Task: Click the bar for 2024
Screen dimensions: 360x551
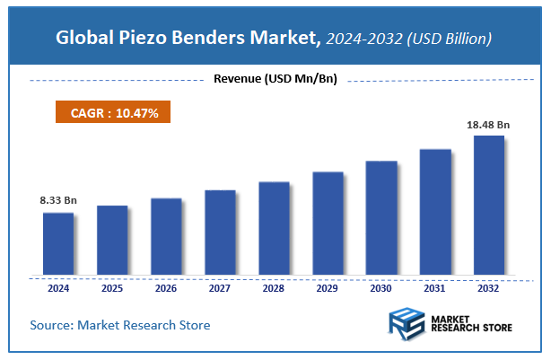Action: coord(58,243)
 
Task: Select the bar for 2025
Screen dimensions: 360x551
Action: coord(112,240)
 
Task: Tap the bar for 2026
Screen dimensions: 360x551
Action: coord(166,236)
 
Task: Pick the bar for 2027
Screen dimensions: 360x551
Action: coord(220,232)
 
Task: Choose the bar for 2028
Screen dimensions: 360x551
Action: coord(274,228)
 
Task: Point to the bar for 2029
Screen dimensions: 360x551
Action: coord(328,223)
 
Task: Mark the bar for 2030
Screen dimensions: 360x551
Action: coord(381,217)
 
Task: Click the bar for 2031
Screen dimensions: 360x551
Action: coord(435,211)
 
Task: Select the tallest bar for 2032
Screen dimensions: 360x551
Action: coord(489,205)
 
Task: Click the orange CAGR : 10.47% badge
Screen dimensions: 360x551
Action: coord(108,113)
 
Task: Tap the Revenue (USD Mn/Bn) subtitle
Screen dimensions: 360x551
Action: coord(275,80)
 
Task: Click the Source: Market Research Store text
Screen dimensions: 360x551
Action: coord(120,325)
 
